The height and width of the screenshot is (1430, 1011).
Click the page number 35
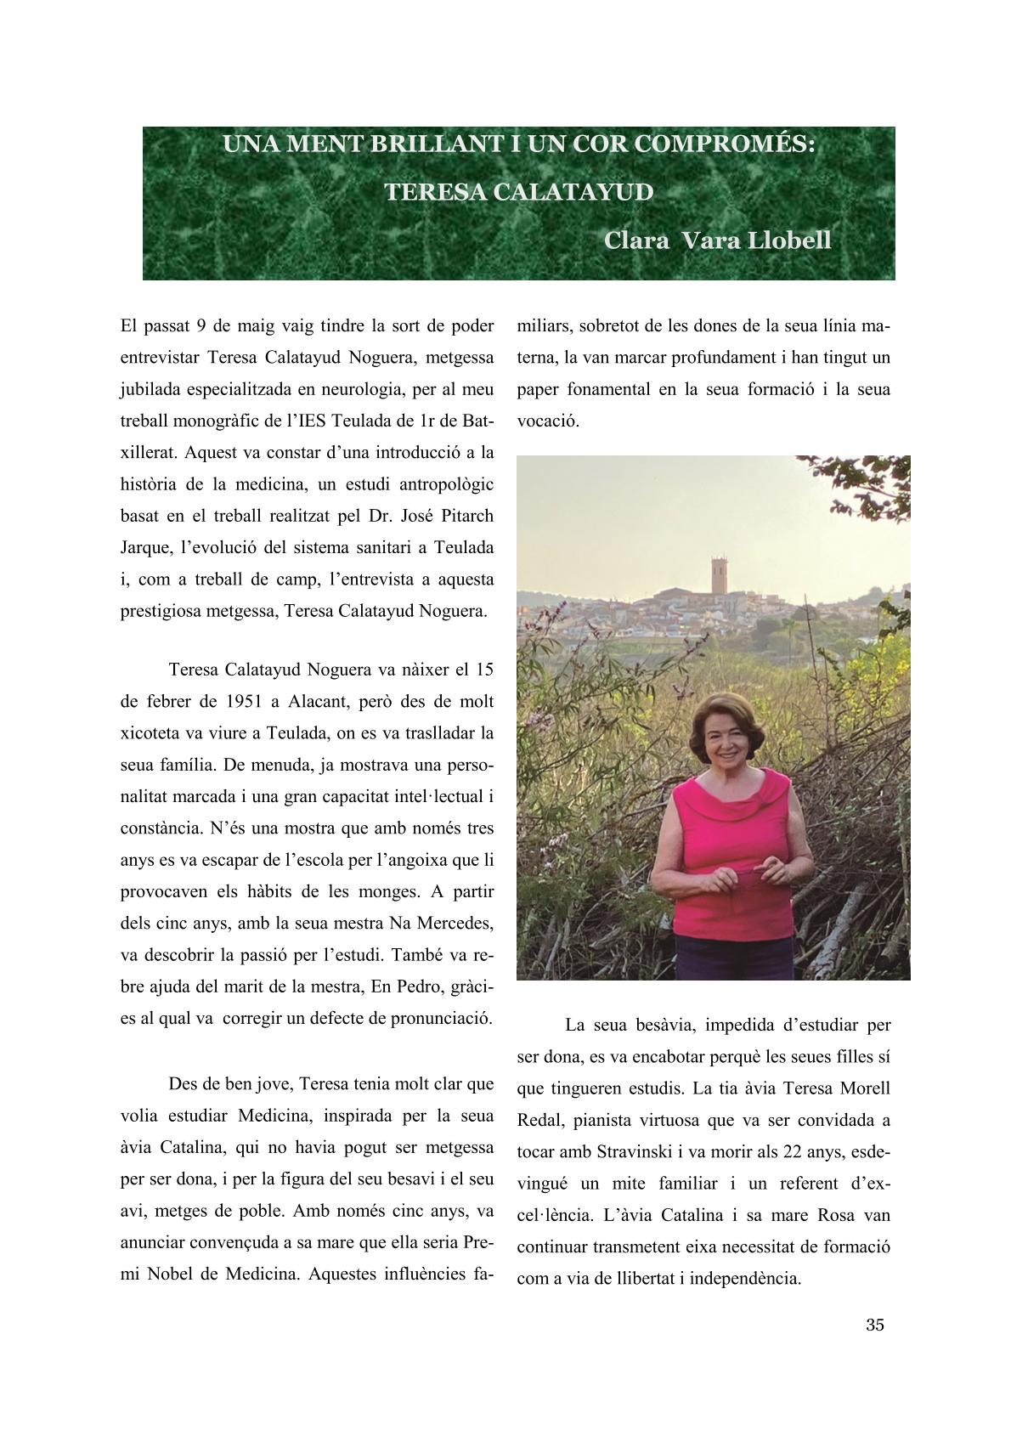click(875, 1325)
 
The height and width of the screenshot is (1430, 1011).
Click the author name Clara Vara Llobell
click(717, 240)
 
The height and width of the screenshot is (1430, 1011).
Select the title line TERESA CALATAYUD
click(519, 192)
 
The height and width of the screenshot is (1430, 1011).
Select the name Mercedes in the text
click(450, 922)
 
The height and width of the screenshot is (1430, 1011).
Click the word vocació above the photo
click(548, 421)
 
